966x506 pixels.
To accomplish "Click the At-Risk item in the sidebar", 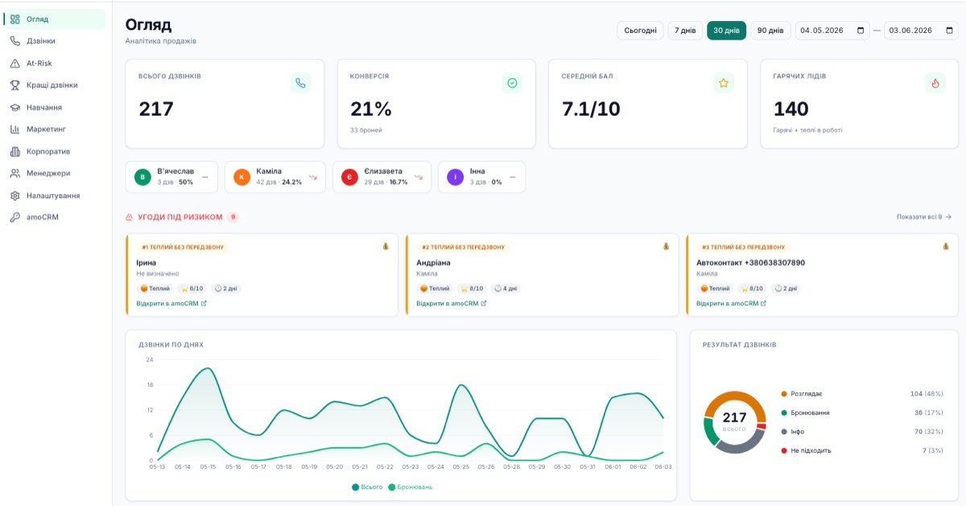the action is (x=39, y=63).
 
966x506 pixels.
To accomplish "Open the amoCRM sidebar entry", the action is (x=42, y=218).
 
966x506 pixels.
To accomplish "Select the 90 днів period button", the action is (x=770, y=31).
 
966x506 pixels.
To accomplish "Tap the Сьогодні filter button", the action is (x=640, y=31).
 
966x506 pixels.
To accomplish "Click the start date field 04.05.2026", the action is (x=832, y=31).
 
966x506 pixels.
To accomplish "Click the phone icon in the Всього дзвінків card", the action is (x=300, y=83).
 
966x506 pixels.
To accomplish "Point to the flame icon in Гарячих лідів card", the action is (x=935, y=83).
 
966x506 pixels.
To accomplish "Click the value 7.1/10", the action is (x=591, y=109).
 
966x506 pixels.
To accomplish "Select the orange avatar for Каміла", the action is (x=242, y=177).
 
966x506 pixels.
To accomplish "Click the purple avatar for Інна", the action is (x=455, y=177).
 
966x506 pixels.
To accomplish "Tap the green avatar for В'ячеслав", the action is (x=142, y=177).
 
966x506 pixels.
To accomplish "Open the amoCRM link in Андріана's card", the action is (x=451, y=304).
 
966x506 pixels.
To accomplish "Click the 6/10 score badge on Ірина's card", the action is (x=192, y=288).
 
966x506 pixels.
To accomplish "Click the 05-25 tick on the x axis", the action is (x=461, y=467).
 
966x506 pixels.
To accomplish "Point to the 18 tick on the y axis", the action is (x=150, y=384).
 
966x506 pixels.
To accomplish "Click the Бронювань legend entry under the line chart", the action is (x=410, y=487).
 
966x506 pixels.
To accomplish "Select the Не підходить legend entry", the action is (x=806, y=450).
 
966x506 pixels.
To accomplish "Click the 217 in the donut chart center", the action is (x=734, y=417).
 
